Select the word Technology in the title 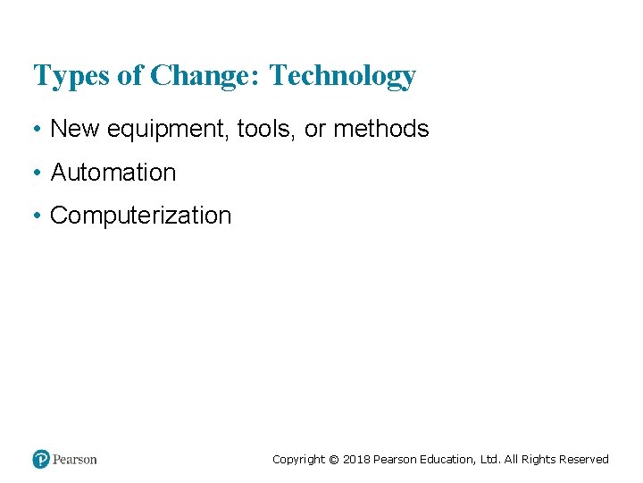point(342,76)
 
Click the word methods point(381,129)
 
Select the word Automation point(113,172)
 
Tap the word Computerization point(140,216)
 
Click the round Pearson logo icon point(41,459)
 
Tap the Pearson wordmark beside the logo point(74,460)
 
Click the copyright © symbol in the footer point(334,460)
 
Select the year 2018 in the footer point(355,460)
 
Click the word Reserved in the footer point(584,460)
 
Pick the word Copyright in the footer point(298,460)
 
